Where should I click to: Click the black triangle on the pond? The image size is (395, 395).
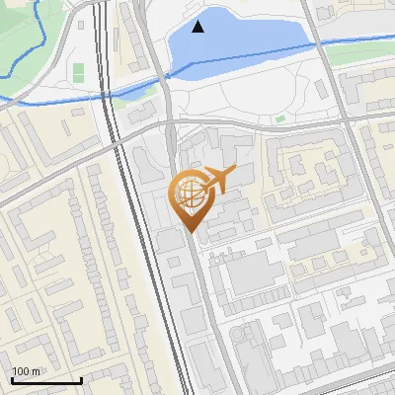198,28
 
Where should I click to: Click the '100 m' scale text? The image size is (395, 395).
26,371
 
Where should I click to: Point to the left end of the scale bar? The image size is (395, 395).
12,380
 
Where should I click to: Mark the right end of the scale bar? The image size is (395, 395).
81,380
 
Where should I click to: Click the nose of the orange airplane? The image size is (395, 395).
236,172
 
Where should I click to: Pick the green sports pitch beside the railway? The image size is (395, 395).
78,72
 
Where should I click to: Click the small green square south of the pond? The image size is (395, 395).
280,119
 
